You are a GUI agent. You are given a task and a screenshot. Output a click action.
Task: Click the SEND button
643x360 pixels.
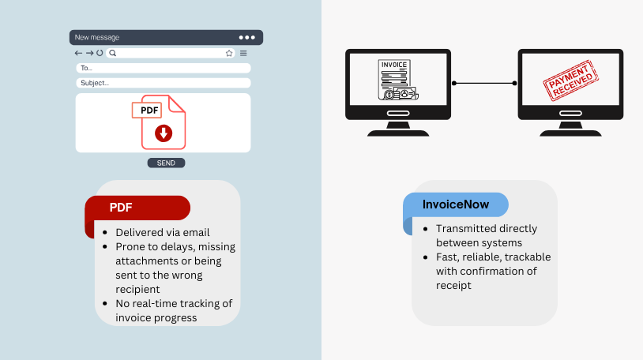tap(166, 163)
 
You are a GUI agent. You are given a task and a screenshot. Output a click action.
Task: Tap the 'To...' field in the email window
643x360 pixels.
tap(164, 68)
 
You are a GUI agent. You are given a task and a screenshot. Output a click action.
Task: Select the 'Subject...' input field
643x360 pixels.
tap(164, 83)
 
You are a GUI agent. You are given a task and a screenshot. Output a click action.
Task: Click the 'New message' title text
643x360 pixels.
tap(97, 37)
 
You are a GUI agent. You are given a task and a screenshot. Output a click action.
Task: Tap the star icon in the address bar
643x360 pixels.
tap(229, 53)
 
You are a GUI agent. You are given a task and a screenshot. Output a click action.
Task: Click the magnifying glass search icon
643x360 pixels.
tap(113, 53)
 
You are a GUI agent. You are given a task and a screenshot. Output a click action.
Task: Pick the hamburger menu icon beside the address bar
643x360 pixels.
tap(243, 53)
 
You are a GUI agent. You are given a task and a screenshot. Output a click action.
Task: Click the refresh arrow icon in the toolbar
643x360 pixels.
tap(100, 53)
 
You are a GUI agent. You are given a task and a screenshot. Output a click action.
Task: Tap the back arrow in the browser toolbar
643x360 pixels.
tap(78, 53)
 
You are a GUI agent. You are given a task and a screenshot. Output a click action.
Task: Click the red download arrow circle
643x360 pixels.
tap(164, 133)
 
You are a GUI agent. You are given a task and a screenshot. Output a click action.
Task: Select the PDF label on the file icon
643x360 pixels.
tap(147, 110)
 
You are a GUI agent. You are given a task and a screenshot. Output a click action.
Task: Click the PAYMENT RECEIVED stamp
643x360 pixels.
tap(570, 81)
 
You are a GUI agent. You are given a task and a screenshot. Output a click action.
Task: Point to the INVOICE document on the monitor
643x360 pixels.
tap(398, 80)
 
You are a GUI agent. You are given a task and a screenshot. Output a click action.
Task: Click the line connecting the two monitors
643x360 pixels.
tap(484, 83)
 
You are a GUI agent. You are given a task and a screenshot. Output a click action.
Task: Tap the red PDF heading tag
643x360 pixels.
tap(137, 208)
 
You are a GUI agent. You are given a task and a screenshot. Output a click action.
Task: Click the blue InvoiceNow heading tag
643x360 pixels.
tap(456, 204)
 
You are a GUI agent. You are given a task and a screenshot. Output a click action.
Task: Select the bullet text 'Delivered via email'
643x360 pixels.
tap(163, 232)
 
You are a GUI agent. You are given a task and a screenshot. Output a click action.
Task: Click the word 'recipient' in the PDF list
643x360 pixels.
tap(137, 290)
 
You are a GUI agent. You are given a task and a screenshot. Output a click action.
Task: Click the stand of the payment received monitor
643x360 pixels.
tap(570, 129)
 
